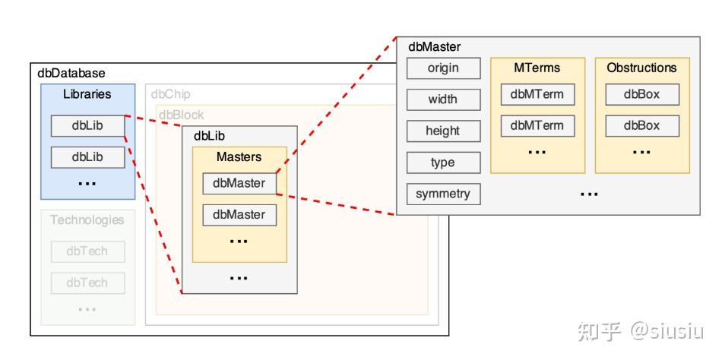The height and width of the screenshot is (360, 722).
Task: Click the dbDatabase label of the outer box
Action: (71, 74)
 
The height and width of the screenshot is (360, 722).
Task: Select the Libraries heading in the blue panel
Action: (87, 94)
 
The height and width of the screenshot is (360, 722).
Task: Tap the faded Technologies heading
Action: (87, 219)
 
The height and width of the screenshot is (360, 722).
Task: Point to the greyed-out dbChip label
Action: (170, 94)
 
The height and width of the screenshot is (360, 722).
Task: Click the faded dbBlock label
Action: (181, 115)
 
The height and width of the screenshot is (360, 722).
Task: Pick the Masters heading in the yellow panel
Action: (239, 157)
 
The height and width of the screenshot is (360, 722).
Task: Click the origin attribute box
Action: (443, 68)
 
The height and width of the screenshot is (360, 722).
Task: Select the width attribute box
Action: (443, 99)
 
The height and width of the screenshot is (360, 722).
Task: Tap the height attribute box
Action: (443, 131)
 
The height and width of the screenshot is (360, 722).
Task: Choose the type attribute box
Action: (443, 163)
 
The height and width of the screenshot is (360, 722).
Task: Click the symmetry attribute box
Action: (443, 194)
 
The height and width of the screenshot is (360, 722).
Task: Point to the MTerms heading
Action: (537, 68)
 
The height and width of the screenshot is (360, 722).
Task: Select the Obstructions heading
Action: (641, 68)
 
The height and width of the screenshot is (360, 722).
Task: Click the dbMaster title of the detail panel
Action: (434, 46)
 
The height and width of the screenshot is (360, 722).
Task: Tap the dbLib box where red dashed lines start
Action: (87, 125)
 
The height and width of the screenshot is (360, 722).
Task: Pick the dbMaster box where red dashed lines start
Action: (239, 183)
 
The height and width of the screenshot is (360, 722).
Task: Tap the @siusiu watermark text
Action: (667, 331)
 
